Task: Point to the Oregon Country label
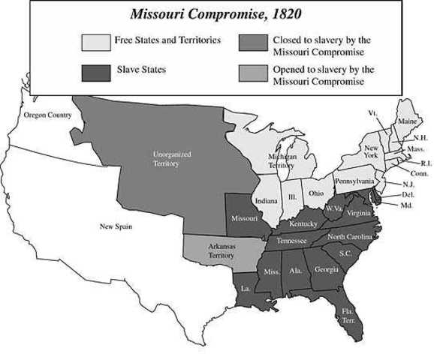pyautogui.click(x=47, y=115)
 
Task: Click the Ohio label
pyautogui.click(x=315, y=193)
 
